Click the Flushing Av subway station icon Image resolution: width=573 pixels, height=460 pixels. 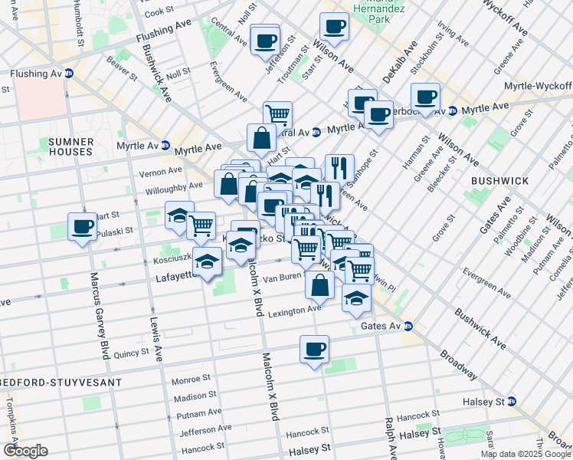click(68, 74)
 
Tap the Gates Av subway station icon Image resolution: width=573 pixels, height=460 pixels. click(409, 327)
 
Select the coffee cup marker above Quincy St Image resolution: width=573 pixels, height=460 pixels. click(314, 350)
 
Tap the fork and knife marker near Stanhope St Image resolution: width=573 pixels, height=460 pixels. click(339, 167)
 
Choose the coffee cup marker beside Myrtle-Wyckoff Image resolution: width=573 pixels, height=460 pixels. click(425, 97)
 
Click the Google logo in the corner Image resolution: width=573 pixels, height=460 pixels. click(25, 451)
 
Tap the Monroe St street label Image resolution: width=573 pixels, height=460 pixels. click(191, 379)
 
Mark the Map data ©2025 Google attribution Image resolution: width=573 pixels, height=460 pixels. click(526, 453)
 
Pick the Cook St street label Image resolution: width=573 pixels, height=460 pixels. click(160, 12)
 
